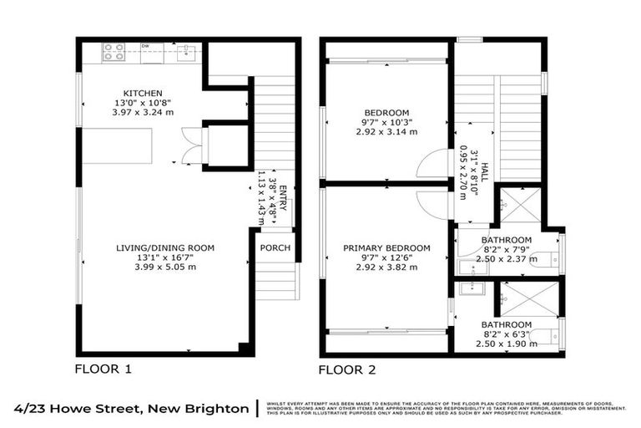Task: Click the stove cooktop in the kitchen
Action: tap(114, 52)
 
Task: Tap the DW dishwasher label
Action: tap(145, 46)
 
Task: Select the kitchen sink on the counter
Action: tap(188, 52)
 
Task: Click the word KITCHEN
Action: tap(143, 93)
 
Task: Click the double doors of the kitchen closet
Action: tap(191, 146)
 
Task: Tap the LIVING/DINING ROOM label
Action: tap(165, 247)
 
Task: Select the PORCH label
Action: tap(275, 247)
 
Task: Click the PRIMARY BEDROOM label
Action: tap(386, 247)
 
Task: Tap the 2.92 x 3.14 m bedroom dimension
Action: tap(386, 132)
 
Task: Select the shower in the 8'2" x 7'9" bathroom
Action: tap(521, 206)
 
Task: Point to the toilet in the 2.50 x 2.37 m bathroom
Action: tap(545, 260)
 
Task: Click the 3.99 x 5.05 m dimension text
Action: tap(165, 267)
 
